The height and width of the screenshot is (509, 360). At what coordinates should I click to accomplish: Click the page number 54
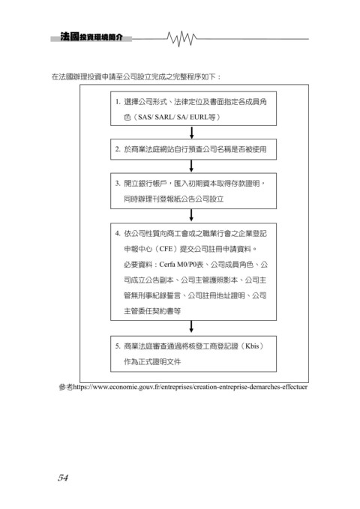[63, 478]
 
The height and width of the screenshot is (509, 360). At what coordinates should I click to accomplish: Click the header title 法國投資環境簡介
[91, 37]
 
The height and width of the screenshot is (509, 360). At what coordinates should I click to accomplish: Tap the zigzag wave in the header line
[182, 39]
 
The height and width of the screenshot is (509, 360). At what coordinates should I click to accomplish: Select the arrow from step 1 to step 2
[192, 133]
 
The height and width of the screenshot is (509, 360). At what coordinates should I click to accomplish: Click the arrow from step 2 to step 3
[191, 166]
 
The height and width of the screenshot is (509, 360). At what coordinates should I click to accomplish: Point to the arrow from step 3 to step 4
[191, 216]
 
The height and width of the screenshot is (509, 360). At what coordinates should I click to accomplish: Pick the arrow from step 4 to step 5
[191, 327]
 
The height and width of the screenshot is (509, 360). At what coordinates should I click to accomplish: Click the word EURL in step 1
[199, 117]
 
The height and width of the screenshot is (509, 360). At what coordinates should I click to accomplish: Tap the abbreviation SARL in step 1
[164, 117]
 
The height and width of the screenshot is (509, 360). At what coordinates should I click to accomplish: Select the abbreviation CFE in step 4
[166, 249]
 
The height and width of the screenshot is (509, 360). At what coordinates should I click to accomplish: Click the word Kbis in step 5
[252, 346]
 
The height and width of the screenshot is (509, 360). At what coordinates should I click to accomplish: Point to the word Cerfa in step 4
[167, 265]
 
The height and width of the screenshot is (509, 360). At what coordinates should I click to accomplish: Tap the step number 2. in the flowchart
[118, 149]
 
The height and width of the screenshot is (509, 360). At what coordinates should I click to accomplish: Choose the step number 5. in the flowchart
[118, 346]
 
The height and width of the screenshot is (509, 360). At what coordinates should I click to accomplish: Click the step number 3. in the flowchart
[118, 184]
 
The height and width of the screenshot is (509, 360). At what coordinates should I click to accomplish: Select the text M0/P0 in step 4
[187, 265]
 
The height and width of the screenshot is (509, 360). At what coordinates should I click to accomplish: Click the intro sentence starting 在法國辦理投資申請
[136, 77]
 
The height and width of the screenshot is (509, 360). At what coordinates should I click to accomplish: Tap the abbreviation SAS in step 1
[145, 117]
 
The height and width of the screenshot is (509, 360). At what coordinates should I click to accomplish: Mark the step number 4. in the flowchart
[118, 233]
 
